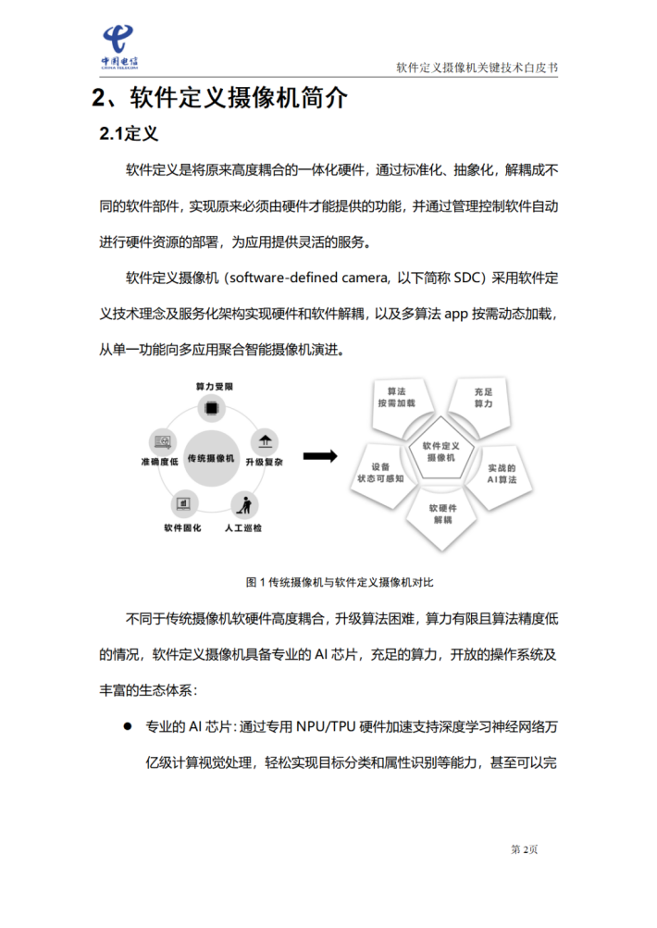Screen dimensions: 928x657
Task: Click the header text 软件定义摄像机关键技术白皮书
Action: [477, 68]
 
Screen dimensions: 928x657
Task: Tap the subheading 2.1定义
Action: [130, 134]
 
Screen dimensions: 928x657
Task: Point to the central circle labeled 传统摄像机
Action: [212, 458]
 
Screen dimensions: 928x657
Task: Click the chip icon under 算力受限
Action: [213, 407]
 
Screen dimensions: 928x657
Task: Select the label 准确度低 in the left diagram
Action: [159, 461]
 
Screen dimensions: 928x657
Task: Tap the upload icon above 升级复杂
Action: [266, 440]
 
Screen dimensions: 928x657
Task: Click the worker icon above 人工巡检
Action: [244, 505]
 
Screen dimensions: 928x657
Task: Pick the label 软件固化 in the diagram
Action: [181, 528]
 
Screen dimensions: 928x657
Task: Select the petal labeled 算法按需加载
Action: [397, 399]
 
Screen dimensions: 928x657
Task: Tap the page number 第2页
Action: [524, 849]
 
